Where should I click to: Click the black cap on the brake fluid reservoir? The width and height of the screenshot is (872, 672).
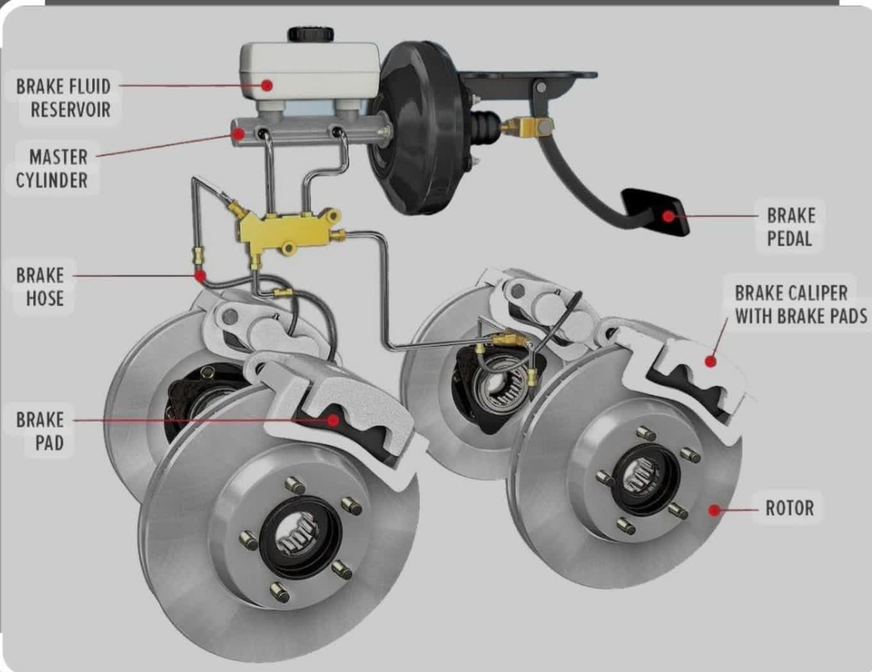click(311, 33)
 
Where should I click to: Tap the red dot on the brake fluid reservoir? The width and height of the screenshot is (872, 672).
click(266, 85)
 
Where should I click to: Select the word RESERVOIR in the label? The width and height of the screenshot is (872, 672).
click(70, 110)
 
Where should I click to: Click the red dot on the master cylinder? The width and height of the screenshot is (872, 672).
click(238, 134)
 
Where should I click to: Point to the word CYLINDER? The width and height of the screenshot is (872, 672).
click(52, 180)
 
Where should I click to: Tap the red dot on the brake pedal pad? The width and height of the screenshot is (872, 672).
click(667, 217)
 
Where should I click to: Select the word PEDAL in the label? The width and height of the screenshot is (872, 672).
click(789, 239)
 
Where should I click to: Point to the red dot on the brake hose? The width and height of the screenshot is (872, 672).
click(200, 276)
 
